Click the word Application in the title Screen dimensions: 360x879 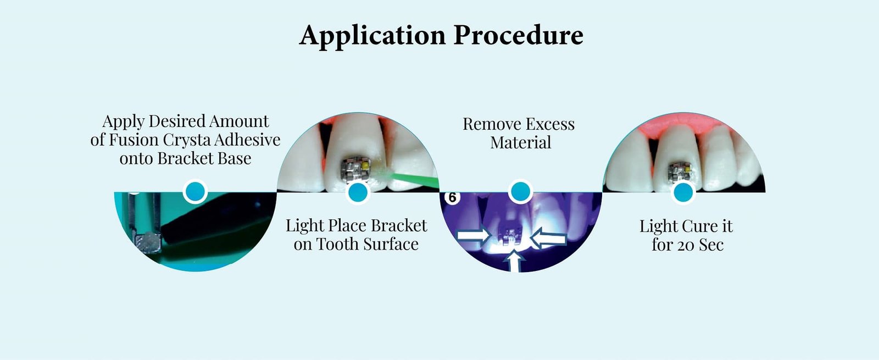(372, 36)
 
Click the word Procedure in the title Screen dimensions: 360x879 (518, 36)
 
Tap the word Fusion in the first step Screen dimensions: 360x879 (132, 140)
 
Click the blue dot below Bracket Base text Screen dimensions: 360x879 (195, 192)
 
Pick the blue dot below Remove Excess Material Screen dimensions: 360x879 (520, 192)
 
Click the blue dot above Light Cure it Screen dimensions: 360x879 (683, 192)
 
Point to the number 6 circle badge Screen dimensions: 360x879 (452, 197)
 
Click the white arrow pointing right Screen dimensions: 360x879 (474, 236)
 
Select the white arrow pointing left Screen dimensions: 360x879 (548, 238)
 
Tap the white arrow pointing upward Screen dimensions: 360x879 (514, 261)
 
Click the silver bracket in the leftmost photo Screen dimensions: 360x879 (148, 241)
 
